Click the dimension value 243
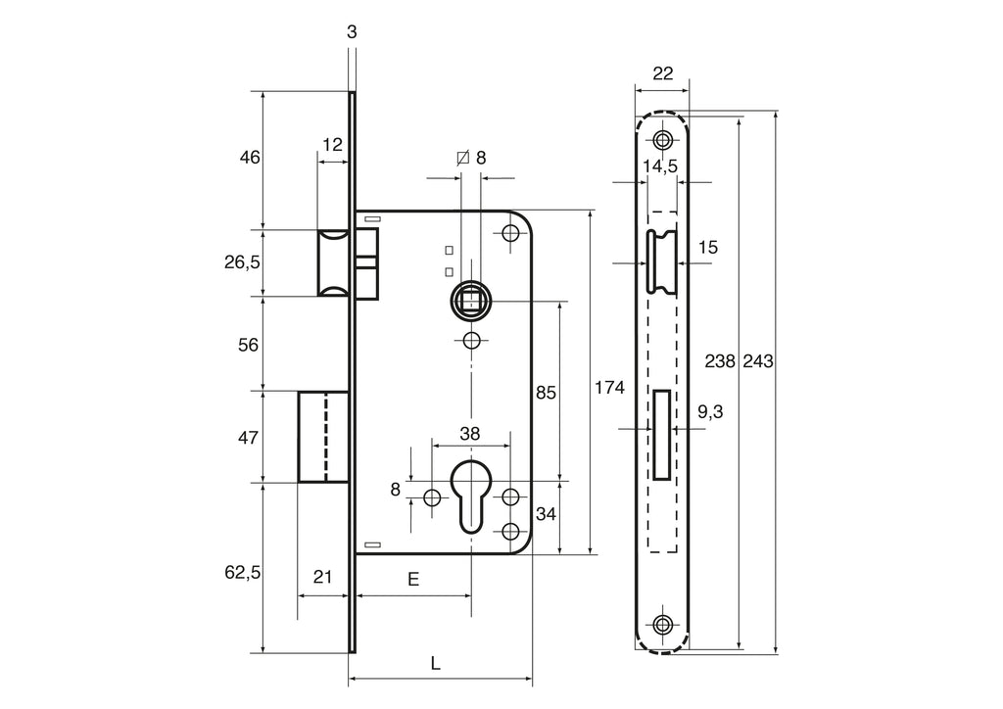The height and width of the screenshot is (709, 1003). point(758,361)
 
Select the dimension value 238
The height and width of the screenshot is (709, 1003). point(720,361)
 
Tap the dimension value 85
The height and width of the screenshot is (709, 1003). point(546,393)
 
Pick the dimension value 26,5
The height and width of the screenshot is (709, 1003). point(242,262)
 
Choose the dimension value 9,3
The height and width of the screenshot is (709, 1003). point(710,413)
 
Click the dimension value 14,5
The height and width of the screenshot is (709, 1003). point(660,166)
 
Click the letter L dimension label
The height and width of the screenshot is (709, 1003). point(436,663)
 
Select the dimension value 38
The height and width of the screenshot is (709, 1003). point(470,433)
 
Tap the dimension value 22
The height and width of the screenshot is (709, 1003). point(661,73)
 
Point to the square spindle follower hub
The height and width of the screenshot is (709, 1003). point(471,298)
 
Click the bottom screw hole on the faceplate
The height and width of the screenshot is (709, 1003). point(663,624)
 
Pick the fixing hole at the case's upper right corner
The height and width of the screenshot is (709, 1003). point(509,234)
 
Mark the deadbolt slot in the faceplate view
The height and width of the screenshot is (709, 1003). point(662,432)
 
